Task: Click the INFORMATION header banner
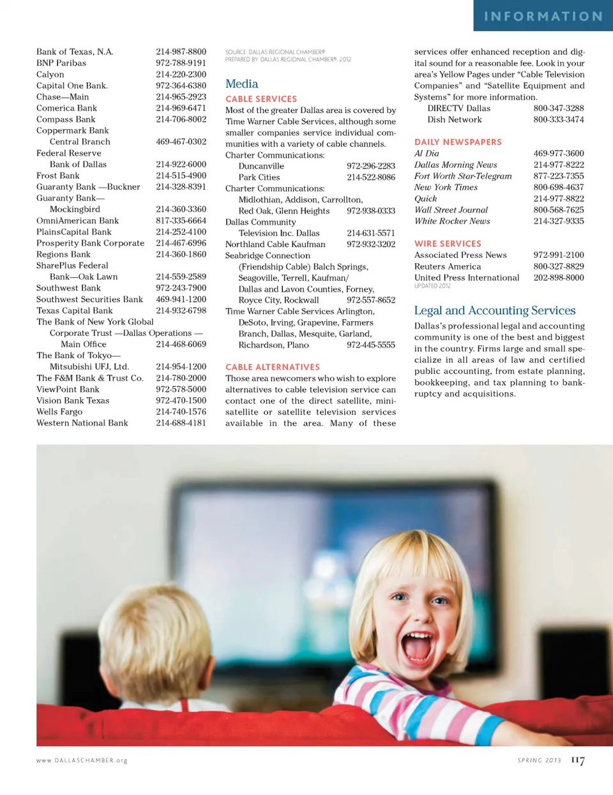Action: click(x=543, y=16)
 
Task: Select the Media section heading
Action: click(x=241, y=84)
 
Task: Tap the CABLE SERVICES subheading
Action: click(x=261, y=99)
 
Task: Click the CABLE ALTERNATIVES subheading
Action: click(x=273, y=367)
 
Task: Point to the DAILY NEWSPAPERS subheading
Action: click(x=458, y=142)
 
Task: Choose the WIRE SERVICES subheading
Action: click(x=448, y=244)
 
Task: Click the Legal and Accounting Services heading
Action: click(x=494, y=310)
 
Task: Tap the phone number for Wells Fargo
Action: click(x=181, y=412)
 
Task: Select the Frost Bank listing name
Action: click(x=58, y=176)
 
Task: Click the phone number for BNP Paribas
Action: click(x=181, y=63)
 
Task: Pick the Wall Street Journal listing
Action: click(x=451, y=209)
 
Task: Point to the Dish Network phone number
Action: click(x=558, y=119)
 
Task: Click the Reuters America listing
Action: click(x=448, y=266)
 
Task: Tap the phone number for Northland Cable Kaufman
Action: click(x=370, y=244)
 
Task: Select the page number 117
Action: click(x=577, y=760)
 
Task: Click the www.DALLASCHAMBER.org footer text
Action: click(x=82, y=761)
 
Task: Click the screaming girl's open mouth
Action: click(x=420, y=646)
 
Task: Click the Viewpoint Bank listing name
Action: click(x=68, y=390)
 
